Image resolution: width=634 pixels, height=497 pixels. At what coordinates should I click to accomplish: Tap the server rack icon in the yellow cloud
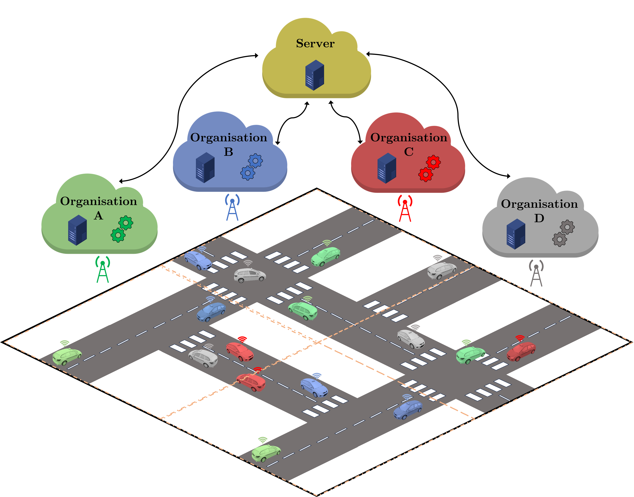click(x=314, y=75)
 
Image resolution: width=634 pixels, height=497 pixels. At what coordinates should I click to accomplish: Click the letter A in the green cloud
click(x=98, y=216)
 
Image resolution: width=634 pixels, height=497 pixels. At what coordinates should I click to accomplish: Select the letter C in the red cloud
click(x=409, y=152)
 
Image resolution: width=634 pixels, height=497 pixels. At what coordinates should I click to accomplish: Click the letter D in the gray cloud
click(x=539, y=218)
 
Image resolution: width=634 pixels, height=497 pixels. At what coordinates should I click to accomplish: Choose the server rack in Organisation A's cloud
click(x=77, y=230)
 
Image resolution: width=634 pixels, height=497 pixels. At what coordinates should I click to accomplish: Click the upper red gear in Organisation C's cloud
click(x=433, y=162)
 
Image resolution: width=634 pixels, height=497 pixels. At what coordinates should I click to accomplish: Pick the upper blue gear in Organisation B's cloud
click(x=255, y=161)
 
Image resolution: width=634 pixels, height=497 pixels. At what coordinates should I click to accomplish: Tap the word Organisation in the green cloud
click(x=98, y=201)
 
